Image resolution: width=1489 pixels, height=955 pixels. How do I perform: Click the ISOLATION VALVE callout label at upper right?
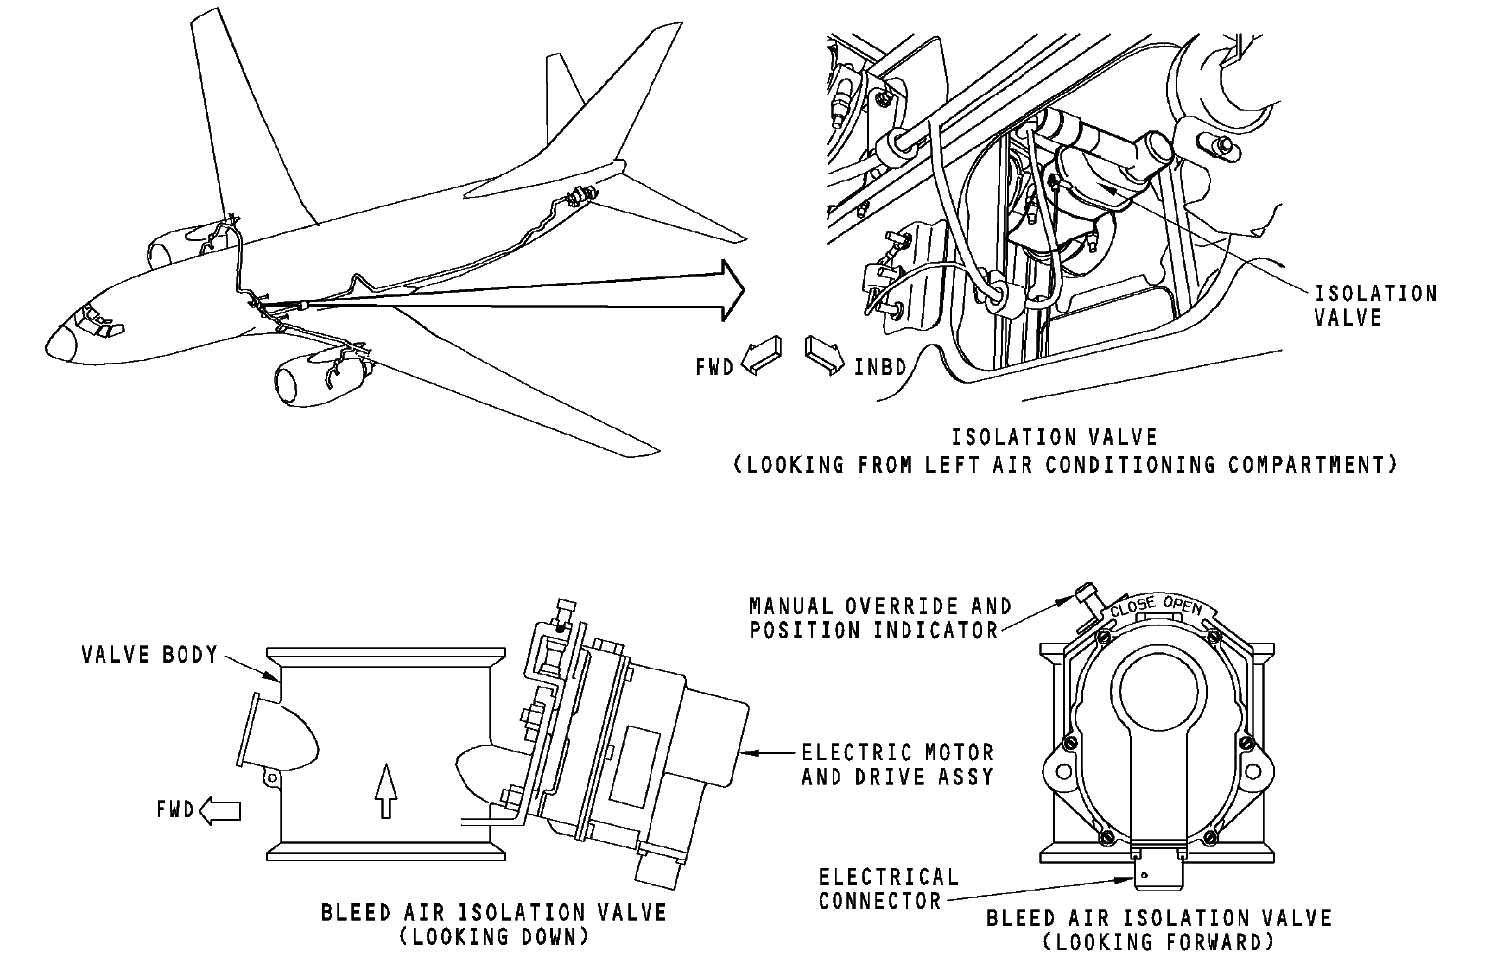[1376, 305]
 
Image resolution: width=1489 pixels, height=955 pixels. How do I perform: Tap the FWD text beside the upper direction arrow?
[714, 366]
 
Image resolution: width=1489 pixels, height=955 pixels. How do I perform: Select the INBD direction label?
[880, 367]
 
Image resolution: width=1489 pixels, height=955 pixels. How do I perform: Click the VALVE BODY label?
[149, 654]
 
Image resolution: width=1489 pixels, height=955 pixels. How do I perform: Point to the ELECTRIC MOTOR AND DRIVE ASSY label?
[897, 764]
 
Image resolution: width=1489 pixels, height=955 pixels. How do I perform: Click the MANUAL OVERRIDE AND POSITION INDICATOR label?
[879, 617]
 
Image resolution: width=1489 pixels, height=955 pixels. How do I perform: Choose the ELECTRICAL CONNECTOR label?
[887, 888]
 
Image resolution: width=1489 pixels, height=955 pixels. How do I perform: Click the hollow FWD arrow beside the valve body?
[221, 811]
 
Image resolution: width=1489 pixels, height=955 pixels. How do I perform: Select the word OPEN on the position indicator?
[1183, 607]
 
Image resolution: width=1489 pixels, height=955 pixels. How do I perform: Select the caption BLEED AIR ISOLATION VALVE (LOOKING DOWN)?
[493, 924]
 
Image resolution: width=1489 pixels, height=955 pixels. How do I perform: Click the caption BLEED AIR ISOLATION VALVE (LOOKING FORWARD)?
[1158, 929]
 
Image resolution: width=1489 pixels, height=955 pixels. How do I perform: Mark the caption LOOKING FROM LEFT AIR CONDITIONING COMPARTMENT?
[1064, 464]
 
